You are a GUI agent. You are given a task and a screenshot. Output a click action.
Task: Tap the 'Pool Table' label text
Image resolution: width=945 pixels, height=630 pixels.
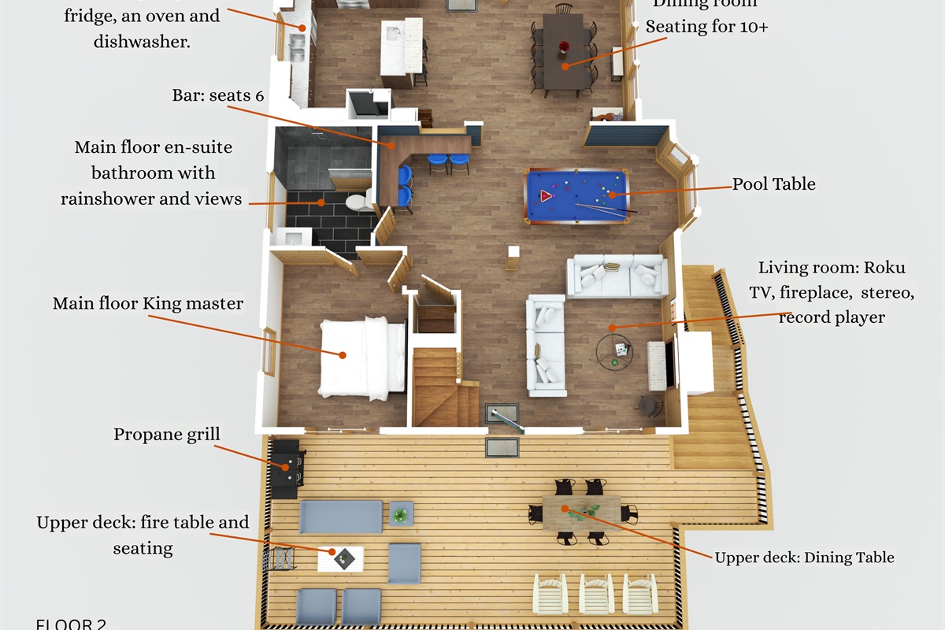tap(773, 184)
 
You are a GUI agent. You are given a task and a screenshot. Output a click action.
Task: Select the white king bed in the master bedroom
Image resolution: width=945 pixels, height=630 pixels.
tap(362, 358)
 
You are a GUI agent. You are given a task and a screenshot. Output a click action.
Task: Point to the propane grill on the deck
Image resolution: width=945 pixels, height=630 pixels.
tap(285, 469)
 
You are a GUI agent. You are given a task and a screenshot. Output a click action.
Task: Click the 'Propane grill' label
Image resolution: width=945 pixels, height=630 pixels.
tap(166, 435)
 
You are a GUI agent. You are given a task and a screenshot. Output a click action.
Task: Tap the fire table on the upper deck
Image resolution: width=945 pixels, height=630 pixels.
tap(340, 558)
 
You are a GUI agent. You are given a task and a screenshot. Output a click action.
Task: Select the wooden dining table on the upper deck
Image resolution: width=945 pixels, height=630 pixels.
tap(581, 513)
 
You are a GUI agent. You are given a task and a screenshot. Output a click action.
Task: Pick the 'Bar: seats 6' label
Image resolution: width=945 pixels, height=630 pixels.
tap(218, 95)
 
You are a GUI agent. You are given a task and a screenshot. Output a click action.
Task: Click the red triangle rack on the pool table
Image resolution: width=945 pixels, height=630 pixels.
tap(547, 195)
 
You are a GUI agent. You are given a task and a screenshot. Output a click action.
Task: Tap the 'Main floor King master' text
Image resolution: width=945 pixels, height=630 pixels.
tap(148, 303)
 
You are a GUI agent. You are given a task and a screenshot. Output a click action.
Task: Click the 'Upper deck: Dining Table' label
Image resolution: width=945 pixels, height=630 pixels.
tap(804, 558)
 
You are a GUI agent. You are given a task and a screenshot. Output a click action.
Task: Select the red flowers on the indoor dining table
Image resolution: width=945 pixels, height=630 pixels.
tap(563, 48)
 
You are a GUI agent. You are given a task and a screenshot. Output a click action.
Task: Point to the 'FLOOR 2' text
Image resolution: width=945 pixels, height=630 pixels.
tap(71, 624)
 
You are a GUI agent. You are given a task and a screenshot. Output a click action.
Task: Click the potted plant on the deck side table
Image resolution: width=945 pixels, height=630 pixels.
tap(402, 514)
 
